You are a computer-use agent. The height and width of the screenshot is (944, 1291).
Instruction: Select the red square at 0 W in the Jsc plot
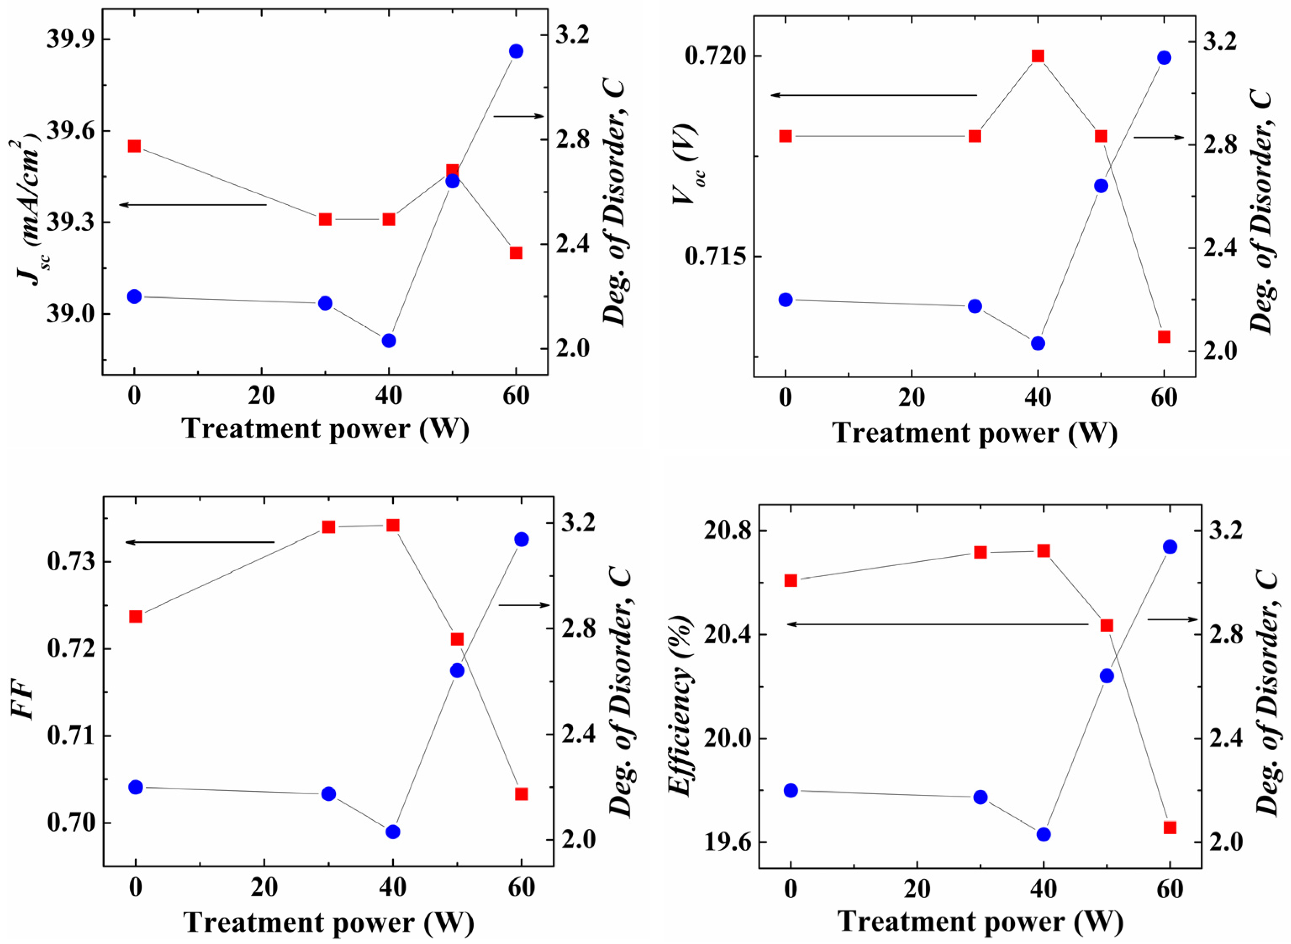pyautogui.click(x=134, y=146)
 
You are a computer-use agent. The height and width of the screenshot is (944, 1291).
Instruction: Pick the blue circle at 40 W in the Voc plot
pyautogui.click(x=1038, y=343)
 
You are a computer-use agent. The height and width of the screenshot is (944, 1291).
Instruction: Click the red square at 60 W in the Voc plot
pyautogui.click(x=1164, y=337)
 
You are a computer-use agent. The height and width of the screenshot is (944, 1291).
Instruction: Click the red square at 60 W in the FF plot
pyautogui.click(x=521, y=794)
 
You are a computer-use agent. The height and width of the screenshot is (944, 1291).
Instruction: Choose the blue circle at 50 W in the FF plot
pyautogui.click(x=457, y=671)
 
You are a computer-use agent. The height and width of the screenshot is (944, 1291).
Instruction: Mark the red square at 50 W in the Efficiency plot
pyautogui.click(x=1107, y=626)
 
